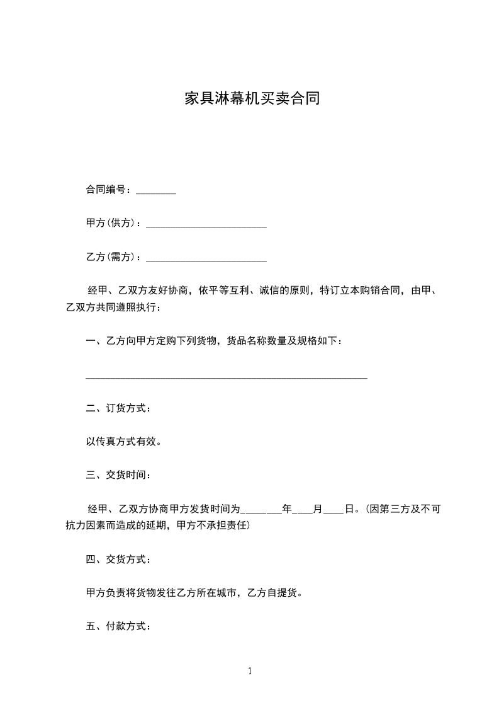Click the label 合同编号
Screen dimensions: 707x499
pyautogui.click(x=108, y=190)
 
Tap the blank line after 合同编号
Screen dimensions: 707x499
pyautogui.click(x=156, y=192)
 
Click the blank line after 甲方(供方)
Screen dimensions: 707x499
pyautogui.click(x=206, y=226)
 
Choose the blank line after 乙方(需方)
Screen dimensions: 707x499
pyautogui.click(x=206, y=259)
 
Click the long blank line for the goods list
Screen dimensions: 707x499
pyautogui.click(x=226, y=377)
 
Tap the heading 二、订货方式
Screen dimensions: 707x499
pyautogui.click(x=118, y=408)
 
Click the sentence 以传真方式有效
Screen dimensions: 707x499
pyautogui.click(x=123, y=442)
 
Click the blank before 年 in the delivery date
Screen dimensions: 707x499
pyautogui.click(x=262, y=511)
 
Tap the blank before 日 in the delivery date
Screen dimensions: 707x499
pyautogui.click(x=334, y=511)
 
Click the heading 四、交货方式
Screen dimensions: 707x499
pyautogui.click(x=118, y=559)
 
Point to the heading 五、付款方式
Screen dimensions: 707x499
pyautogui.click(x=118, y=626)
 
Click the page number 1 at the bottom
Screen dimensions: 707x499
pyautogui.click(x=250, y=672)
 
